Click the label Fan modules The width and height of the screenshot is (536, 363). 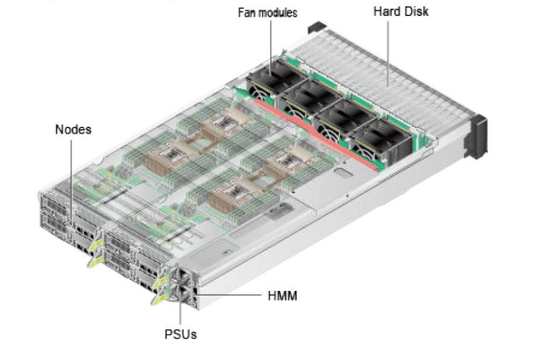click(267, 13)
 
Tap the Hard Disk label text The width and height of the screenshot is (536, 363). click(400, 12)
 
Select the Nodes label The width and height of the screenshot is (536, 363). click(73, 129)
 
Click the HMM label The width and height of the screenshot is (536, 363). click(282, 295)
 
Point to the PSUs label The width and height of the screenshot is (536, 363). click(181, 334)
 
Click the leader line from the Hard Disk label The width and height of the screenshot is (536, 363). click(388, 53)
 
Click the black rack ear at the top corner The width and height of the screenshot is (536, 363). click(317, 27)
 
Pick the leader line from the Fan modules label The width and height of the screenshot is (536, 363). click(271, 47)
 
